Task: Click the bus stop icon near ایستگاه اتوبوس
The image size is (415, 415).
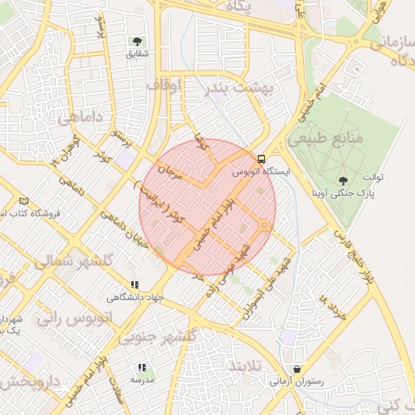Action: click(x=261, y=159)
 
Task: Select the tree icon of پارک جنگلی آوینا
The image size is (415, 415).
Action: click(x=343, y=180)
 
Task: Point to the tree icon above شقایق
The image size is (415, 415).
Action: click(x=136, y=41)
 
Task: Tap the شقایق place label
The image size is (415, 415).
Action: click(x=137, y=54)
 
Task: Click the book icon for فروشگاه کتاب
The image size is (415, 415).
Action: click(x=24, y=201)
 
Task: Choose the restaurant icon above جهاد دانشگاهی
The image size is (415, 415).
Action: click(x=135, y=285)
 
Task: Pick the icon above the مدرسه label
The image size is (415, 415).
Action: click(x=142, y=367)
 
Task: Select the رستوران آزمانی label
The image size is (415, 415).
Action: click(x=297, y=381)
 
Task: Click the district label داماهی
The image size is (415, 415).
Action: click(x=80, y=118)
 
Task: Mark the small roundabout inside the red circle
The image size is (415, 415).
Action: click(x=264, y=225)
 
